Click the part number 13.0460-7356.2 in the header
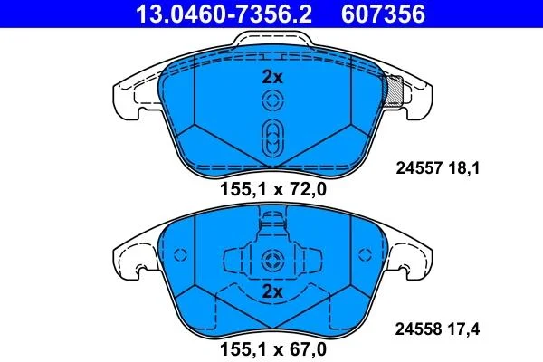point(224,14)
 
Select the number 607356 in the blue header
point(383,14)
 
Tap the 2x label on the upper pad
point(272,77)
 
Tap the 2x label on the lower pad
point(272,291)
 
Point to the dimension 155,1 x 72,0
point(273,189)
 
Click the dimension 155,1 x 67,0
point(273,349)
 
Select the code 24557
point(419,168)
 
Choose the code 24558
point(419,329)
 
